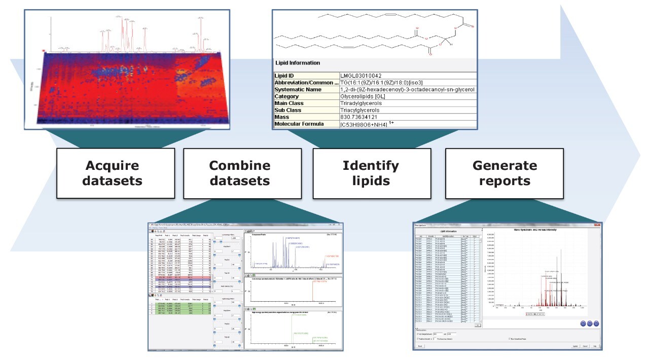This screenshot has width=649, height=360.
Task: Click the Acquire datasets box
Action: click(x=114, y=173)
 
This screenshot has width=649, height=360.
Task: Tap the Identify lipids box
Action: click(x=371, y=173)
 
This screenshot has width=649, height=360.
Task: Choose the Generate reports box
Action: click(x=504, y=173)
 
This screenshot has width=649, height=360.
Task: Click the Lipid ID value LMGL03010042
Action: click(x=364, y=76)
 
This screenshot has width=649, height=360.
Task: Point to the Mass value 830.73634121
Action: click(x=362, y=117)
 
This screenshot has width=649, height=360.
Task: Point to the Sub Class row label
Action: click(x=292, y=110)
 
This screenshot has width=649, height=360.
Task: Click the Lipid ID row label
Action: click(x=287, y=76)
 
